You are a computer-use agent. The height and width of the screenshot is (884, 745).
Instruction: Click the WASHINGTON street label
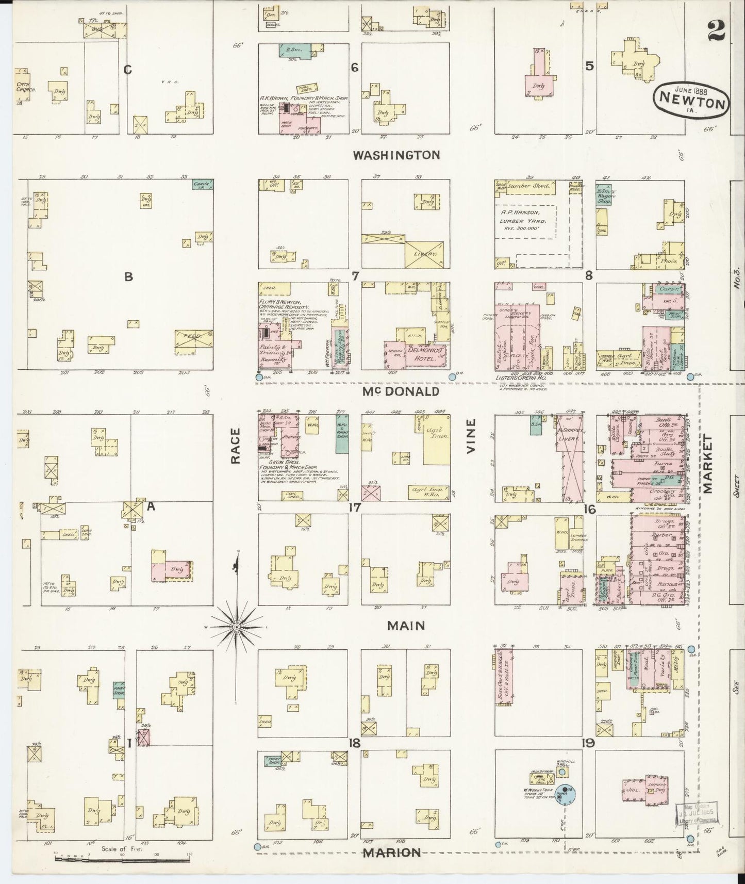(x=396, y=155)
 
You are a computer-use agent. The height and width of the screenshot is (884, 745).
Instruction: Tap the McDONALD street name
(x=400, y=391)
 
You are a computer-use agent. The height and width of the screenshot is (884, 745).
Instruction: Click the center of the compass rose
(x=236, y=627)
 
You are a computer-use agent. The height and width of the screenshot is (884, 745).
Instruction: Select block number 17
(x=354, y=508)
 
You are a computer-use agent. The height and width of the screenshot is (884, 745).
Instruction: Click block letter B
(x=128, y=277)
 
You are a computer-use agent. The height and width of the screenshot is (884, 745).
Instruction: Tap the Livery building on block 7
(x=425, y=254)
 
